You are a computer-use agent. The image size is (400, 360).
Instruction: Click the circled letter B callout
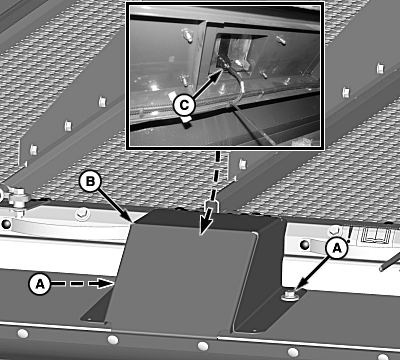click(90, 182)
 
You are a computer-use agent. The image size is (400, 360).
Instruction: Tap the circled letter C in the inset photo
click(184, 105)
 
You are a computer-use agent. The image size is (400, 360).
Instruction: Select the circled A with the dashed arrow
click(40, 284)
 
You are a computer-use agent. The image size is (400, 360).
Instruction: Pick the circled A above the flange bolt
click(337, 248)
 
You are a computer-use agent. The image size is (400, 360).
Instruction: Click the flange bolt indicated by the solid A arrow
click(290, 295)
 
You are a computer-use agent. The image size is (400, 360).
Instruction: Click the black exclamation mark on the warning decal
click(349, 233)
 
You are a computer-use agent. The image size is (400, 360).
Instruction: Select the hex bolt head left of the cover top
click(82, 214)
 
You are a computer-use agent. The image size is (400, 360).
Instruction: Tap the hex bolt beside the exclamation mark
click(335, 230)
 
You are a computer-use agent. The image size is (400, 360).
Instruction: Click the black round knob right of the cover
click(304, 245)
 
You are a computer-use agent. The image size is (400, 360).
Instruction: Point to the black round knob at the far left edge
click(6, 224)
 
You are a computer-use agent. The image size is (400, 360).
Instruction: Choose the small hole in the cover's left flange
click(89, 318)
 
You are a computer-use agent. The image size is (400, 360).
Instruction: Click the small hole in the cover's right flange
click(255, 331)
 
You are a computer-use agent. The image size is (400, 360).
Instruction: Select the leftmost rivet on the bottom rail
click(22, 333)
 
